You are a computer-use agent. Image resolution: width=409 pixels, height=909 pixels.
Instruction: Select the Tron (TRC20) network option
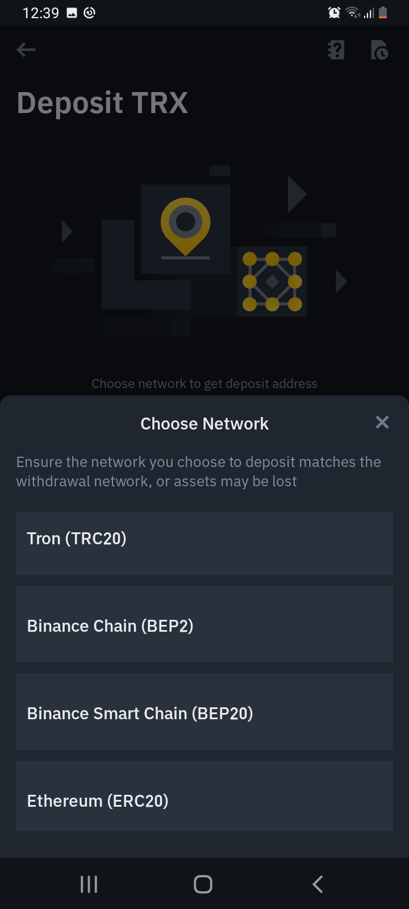tap(204, 543)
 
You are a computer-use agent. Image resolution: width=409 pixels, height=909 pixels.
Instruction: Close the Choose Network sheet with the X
tap(382, 422)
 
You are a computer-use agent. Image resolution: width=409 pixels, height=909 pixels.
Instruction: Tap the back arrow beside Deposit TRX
tap(26, 50)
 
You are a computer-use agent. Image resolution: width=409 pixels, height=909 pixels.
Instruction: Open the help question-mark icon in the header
tap(336, 50)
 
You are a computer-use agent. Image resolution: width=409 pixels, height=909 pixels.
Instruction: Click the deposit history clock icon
tap(379, 50)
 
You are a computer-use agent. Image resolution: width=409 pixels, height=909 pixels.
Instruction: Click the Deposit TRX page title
tap(102, 103)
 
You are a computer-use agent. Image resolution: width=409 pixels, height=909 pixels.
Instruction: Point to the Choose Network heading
tap(204, 424)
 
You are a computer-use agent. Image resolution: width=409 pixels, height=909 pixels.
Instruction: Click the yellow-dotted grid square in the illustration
tap(272, 281)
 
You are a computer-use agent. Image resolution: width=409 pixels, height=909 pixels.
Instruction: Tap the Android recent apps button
tap(89, 884)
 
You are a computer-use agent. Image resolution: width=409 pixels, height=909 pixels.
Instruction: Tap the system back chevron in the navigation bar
tap(318, 884)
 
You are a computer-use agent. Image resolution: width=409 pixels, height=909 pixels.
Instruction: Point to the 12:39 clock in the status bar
tap(41, 13)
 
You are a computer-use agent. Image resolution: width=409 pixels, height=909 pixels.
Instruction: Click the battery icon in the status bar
tap(383, 12)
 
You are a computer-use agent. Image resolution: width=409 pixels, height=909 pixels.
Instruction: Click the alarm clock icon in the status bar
tap(334, 12)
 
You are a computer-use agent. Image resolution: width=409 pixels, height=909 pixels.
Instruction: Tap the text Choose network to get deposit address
tap(204, 384)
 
